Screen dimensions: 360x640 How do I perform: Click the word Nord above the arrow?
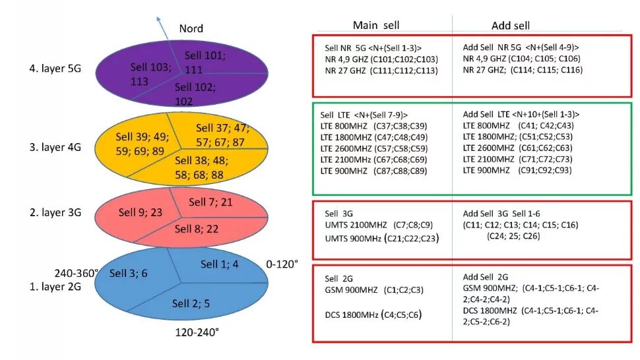coord(191,28)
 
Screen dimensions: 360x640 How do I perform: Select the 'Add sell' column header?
coord(511,26)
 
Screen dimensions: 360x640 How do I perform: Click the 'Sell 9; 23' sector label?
coord(141,212)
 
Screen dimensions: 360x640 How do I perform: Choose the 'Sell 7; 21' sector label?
coord(210,201)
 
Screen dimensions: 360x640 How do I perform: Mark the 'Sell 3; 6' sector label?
coord(129,273)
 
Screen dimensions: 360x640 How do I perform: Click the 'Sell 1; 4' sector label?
coord(220,264)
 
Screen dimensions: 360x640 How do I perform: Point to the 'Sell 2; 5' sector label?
coord(191,303)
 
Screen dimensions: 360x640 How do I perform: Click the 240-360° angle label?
coord(77,273)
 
